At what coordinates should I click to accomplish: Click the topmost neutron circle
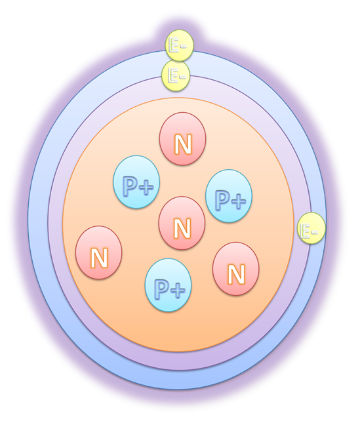click(182, 138)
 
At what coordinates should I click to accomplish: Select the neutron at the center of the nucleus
click(182, 223)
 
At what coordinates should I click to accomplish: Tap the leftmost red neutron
click(99, 252)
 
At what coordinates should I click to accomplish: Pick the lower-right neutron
click(236, 269)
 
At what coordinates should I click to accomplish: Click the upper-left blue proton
click(136, 182)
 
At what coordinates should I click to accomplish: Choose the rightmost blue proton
click(229, 195)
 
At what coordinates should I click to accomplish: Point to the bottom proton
click(168, 285)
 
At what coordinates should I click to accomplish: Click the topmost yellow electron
click(179, 45)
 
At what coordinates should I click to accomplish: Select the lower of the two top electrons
click(176, 75)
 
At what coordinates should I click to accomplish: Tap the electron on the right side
click(311, 228)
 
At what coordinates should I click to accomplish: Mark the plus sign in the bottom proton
click(178, 291)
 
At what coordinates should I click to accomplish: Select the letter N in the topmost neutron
click(183, 145)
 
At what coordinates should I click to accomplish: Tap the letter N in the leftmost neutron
click(99, 258)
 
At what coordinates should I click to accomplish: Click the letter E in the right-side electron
click(305, 231)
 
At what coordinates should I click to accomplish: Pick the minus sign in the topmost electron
click(182, 47)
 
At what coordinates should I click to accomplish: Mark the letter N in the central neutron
click(182, 229)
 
